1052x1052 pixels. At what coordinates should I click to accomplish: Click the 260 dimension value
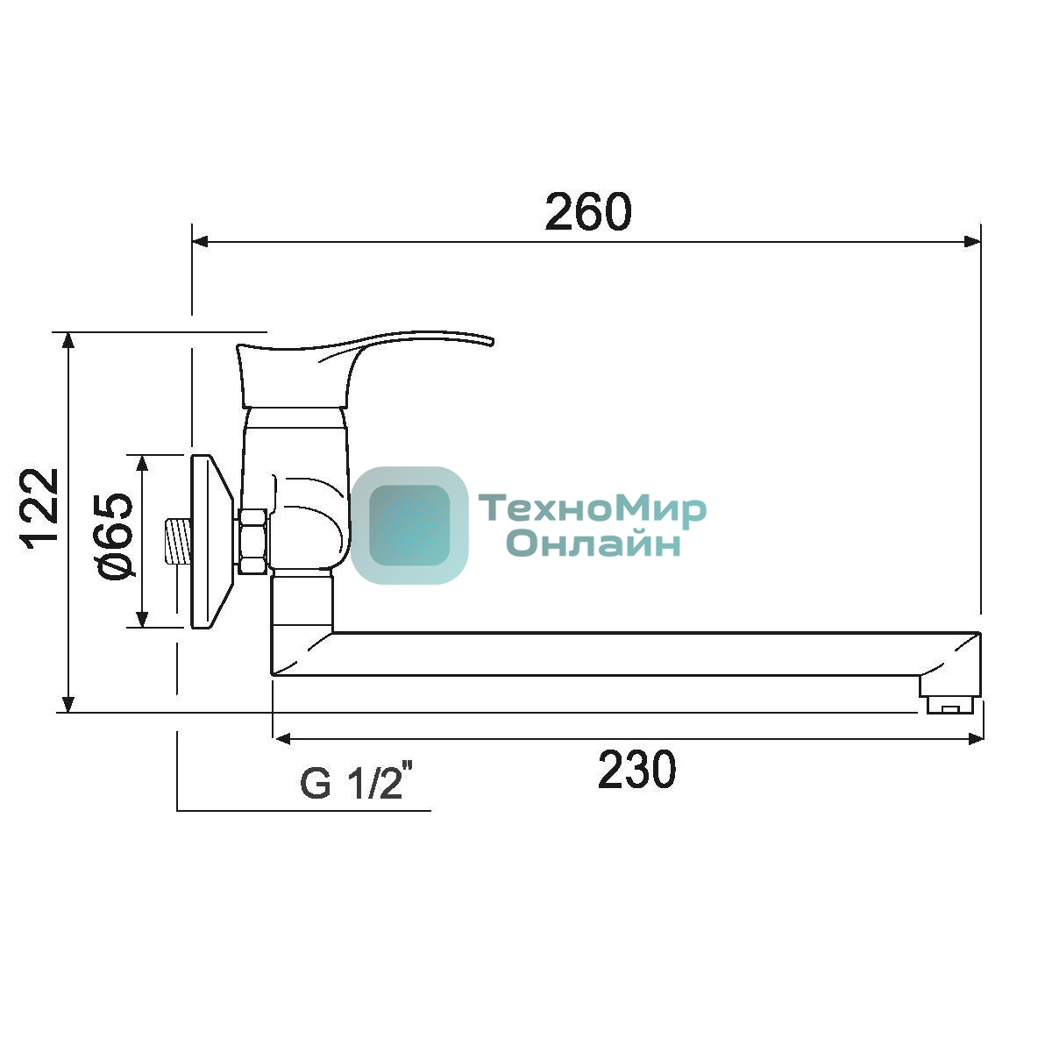tap(588, 211)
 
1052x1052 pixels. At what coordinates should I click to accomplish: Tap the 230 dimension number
tap(636, 770)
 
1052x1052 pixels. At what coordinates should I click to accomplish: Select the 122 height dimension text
tap(39, 508)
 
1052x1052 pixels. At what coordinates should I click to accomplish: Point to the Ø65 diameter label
tap(115, 537)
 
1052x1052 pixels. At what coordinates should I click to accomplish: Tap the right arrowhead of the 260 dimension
tap(972, 241)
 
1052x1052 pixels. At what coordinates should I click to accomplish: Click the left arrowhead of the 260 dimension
tap(201, 241)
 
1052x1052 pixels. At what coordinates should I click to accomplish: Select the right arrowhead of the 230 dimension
tap(976, 739)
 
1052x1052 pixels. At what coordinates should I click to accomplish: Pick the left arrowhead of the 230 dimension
tap(281, 739)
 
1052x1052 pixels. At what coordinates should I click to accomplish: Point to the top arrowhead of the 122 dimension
tap(68, 341)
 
